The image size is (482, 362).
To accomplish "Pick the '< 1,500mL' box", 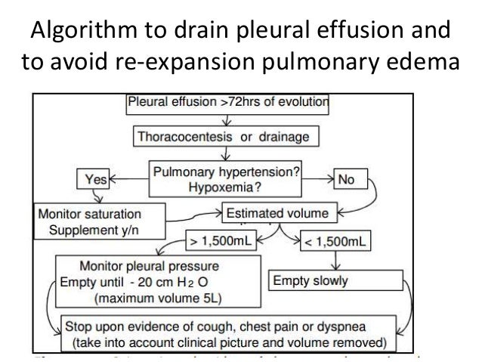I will [330, 243].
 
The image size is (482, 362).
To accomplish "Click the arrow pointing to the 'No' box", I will [316, 180].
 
